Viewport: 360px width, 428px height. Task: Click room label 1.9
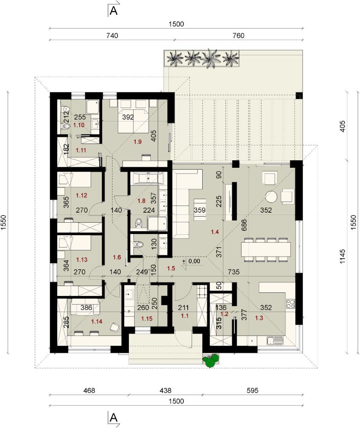[x=138, y=142]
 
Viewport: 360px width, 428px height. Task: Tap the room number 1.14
[x=97, y=322]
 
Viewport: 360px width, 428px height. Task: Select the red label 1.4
[x=215, y=232]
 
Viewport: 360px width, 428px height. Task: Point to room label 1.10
[x=79, y=125]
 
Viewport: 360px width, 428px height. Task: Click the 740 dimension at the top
[x=112, y=35]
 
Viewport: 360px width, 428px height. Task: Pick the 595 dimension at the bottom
[x=253, y=391]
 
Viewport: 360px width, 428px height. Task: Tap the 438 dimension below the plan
[x=165, y=391]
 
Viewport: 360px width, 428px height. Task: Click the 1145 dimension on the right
[x=342, y=256]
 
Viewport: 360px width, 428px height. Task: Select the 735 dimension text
[x=234, y=272]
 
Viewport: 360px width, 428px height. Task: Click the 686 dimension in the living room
[x=244, y=225]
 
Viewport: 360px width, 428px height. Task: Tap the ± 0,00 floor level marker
[x=191, y=262]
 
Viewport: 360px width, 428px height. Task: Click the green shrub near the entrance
[x=211, y=361]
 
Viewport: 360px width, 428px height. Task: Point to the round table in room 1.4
[x=271, y=196]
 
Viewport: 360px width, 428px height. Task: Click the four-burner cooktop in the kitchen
[x=291, y=304]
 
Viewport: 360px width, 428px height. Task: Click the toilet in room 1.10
[x=65, y=126]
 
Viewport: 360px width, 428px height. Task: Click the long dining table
[x=266, y=249]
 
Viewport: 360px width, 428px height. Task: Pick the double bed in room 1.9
[x=133, y=116]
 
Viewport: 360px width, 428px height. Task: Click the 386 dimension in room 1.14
[x=86, y=308]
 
